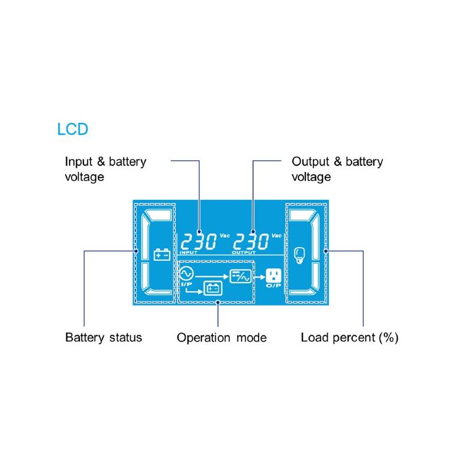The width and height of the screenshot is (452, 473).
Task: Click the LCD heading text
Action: tap(72, 129)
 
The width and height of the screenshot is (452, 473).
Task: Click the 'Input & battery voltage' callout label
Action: tap(105, 169)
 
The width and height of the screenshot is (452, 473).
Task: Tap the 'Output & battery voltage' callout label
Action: tap(337, 169)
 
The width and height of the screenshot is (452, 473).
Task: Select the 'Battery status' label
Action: tap(104, 338)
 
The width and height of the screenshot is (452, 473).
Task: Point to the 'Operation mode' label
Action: tap(222, 338)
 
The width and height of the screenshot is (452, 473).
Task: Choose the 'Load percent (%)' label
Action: tap(350, 338)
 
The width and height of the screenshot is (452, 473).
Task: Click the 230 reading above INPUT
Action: tap(198, 241)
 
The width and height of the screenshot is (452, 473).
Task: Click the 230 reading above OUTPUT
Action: tap(251, 241)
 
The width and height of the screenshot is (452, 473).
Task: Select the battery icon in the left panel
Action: tap(162, 255)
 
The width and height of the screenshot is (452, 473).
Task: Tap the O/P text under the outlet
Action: tap(273, 286)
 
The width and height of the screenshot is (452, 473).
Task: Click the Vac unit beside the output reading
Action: tap(276, 235)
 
